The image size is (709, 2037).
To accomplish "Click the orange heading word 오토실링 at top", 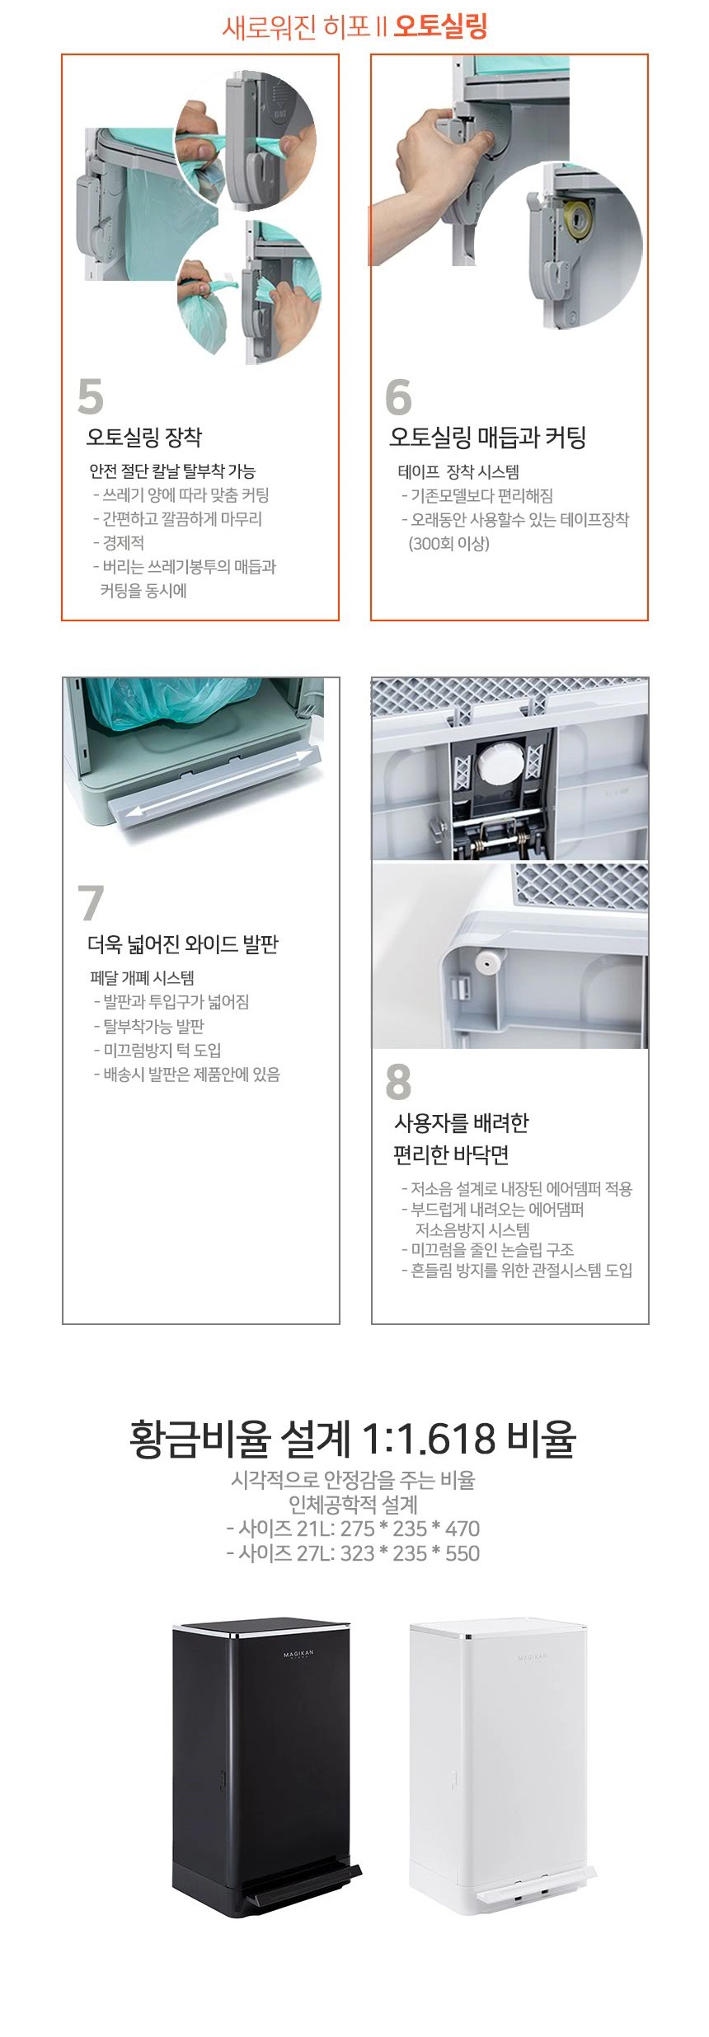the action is click(440, 26).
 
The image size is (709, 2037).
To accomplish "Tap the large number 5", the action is click(91, 396).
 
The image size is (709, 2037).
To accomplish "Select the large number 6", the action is click(398, 396).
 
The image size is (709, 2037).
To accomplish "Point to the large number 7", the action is click(91, 902).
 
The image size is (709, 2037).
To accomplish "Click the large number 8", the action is click(398, 1082).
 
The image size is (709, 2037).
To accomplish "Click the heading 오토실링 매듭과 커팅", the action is click(487, 437).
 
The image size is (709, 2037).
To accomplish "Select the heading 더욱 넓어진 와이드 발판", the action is click(183, 944).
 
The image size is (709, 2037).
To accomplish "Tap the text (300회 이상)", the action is click(448, 544).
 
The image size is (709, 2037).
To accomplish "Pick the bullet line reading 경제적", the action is click(119, 543).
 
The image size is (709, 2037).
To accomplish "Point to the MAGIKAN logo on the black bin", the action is click(298, 1654).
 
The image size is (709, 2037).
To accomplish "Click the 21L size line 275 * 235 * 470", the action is click(353, 1529).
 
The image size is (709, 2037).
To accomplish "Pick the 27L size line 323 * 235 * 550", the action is click(353, 1553).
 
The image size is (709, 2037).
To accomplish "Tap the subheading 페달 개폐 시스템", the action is click(142, 978).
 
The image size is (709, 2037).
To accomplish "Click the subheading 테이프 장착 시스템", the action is click(458, 472).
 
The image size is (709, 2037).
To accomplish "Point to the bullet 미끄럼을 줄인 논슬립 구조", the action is click(487, 1250).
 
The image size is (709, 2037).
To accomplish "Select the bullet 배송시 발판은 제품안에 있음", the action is click(187, 1075).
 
